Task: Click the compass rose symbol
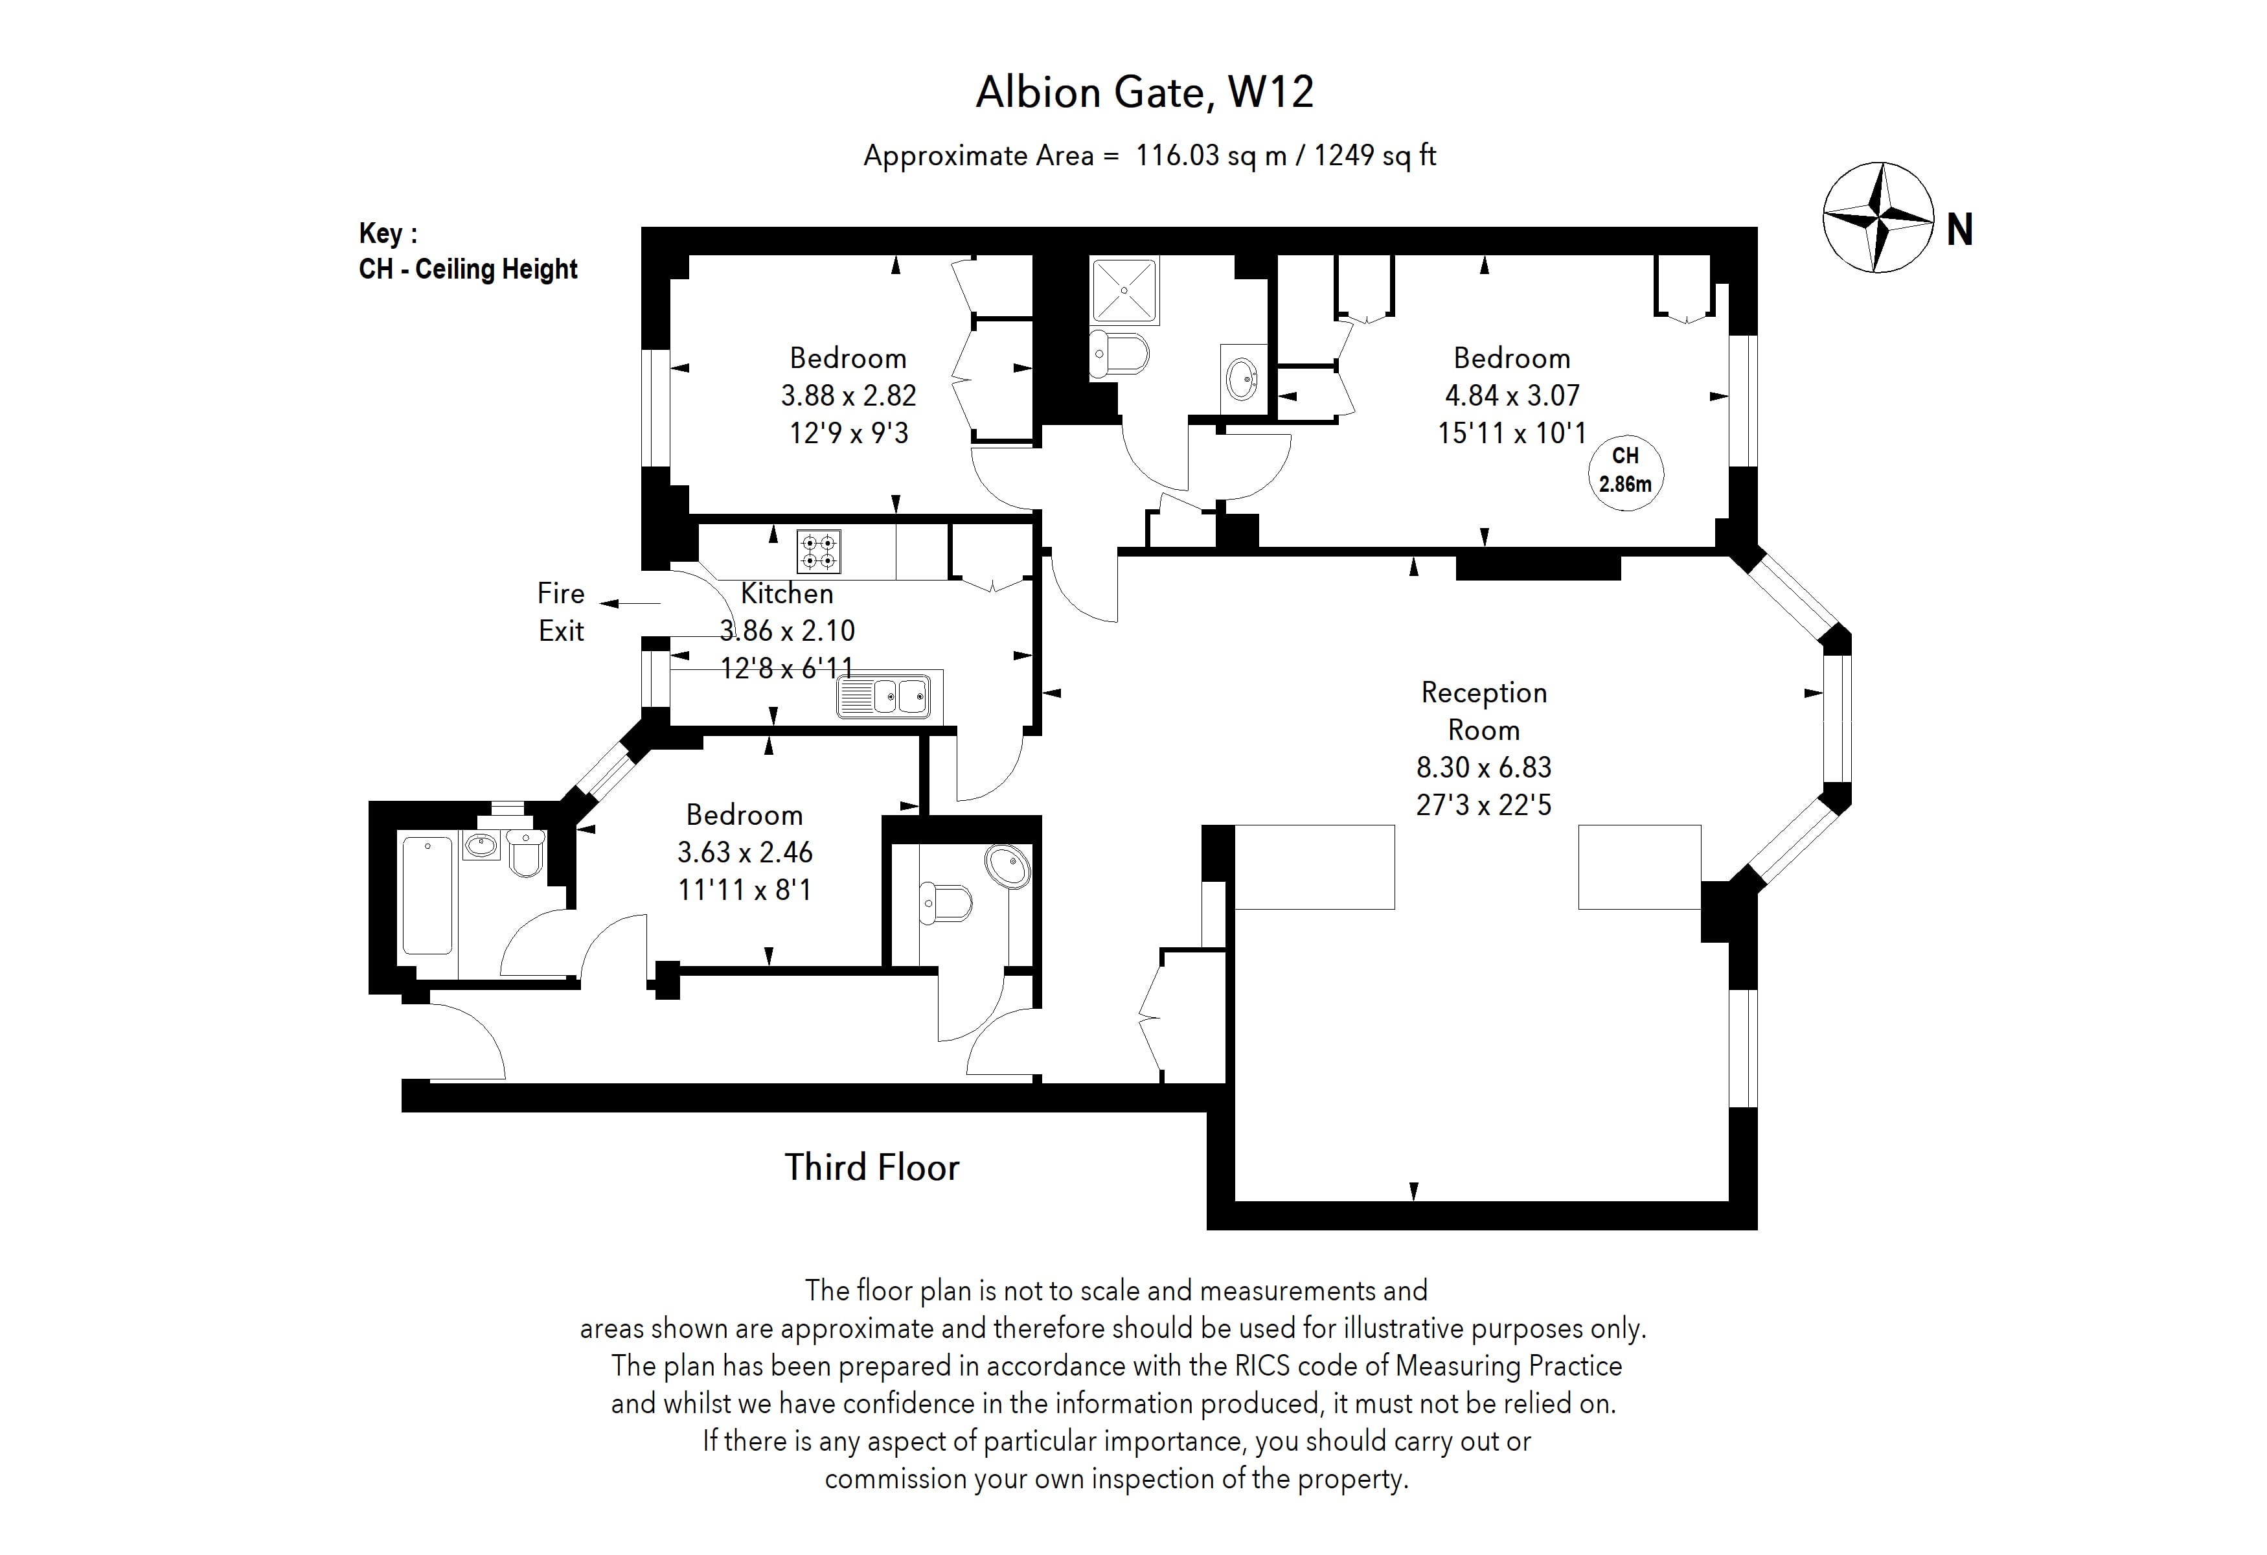pos(1878,218)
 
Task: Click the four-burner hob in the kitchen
pos(819,552)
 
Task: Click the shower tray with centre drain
pos(1124,291)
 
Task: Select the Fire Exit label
pos(561,612)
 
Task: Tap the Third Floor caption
pos(871,1168)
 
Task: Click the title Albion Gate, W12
pos(1145,93)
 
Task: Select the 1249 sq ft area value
pos(1374,156)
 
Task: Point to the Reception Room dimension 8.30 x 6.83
pos(1483,768)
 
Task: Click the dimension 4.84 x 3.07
pos(1511,396)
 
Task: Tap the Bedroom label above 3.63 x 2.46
pos(744,814)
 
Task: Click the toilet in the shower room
pos(1120,353)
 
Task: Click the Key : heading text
pos(388,234)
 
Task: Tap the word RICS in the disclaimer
pos(1262,1366)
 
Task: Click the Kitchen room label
pos(786,593)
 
